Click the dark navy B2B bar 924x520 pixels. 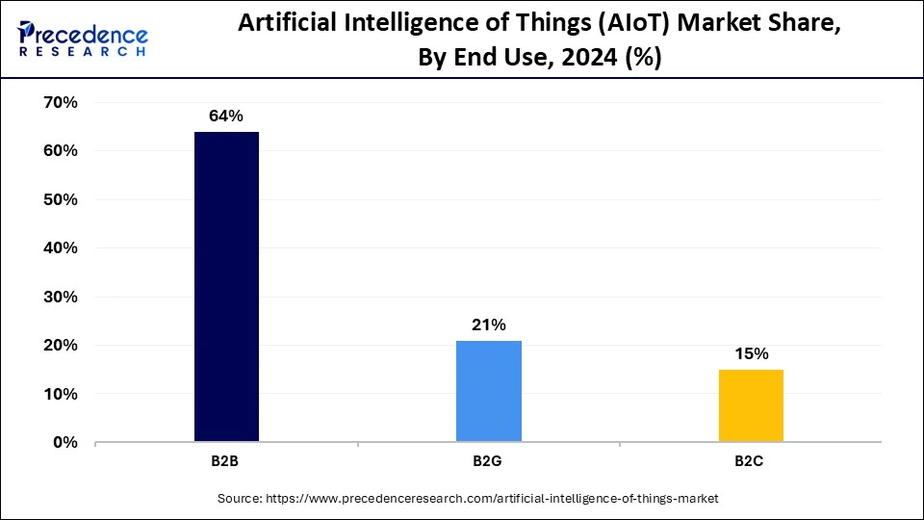click(226, 287)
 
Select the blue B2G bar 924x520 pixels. click(489, 391)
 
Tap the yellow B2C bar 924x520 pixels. click(751, 405)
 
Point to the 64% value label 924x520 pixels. click(226, 116)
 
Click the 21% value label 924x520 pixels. click(489, 325)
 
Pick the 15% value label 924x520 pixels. click(751, 353)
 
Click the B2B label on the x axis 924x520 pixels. click(225, 461)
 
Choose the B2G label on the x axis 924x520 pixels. click(487, 461)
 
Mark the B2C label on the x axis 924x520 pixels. click(750, 461)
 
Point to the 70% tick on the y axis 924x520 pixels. click(60, 102)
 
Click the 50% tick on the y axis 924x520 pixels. click(60, 199)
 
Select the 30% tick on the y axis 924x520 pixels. click(60, 297)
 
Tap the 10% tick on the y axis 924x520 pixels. click(60, 394)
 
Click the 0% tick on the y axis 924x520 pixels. click(64, 443)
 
